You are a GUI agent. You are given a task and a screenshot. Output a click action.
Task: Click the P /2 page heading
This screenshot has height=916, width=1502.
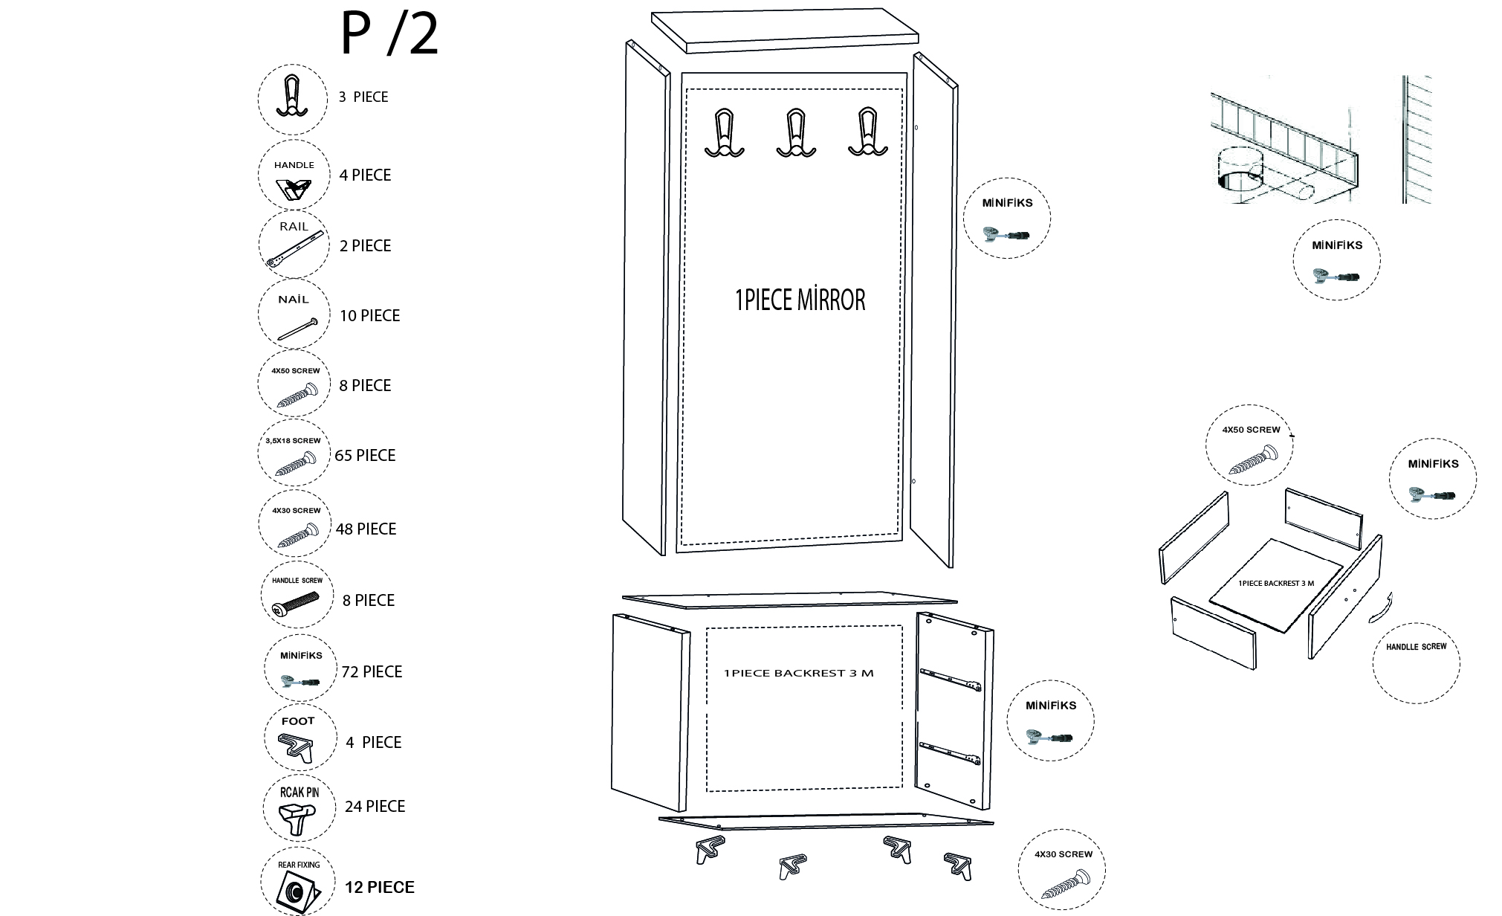point(389,34)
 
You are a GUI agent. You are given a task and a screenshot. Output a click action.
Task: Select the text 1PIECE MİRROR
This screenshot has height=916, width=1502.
point(800,300)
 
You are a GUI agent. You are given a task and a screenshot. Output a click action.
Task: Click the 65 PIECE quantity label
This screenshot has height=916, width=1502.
point(365,455)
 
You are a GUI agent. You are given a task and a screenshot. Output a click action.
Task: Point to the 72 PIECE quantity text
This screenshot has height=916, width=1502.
point(372,671)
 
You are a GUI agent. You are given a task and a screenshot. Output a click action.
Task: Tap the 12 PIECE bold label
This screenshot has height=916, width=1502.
point(380,887)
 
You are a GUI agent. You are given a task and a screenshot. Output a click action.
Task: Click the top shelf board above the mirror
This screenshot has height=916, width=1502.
point(785,31)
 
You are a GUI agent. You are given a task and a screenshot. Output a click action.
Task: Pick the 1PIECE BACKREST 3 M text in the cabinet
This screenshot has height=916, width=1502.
point(798,674)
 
